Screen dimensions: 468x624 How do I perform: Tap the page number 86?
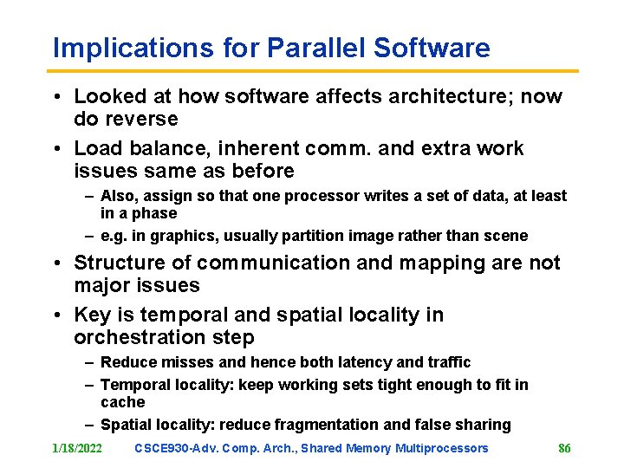pos(564,448)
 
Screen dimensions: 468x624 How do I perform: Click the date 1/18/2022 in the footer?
pos(77,448)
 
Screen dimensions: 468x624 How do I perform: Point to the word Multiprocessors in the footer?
pos(442,448)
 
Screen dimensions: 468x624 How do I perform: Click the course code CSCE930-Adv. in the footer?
pos(176,448)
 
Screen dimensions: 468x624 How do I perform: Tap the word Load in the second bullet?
pos(94,148)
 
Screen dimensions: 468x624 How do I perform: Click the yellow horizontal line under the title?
pos(312,71)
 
